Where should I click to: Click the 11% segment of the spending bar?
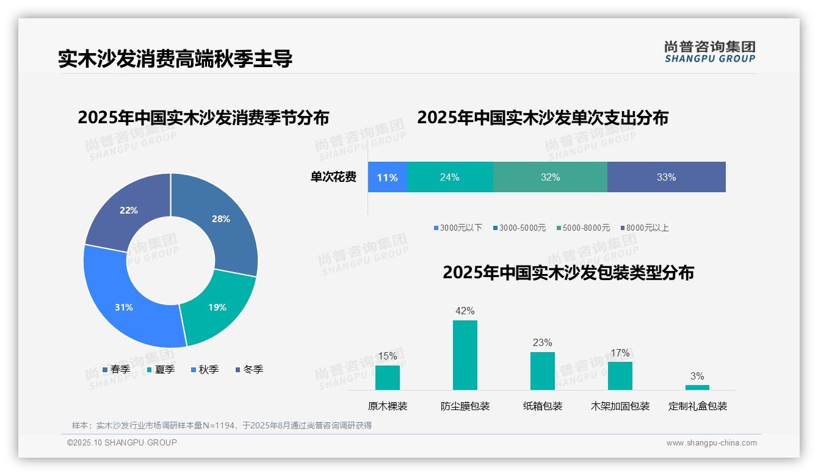[x=387, y=178]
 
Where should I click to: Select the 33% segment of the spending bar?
[x=666, y=178]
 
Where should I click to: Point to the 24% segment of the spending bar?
[x=449, y=178]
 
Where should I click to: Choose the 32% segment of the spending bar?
[x=550, y=178]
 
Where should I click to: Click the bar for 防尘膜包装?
[x=465, y=355]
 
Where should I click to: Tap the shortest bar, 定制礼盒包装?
[x=697, y=388]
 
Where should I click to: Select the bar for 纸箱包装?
[x=542, y=371]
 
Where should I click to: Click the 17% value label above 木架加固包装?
[x=620, y=353]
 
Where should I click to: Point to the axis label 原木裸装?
[x=387, y=406]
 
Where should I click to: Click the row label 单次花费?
[x=333, y=178]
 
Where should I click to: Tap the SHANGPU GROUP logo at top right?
[x=709, y=52]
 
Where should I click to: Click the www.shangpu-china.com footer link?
[x=711, y=443]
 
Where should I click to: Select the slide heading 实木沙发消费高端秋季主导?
[x=175, y=59]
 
